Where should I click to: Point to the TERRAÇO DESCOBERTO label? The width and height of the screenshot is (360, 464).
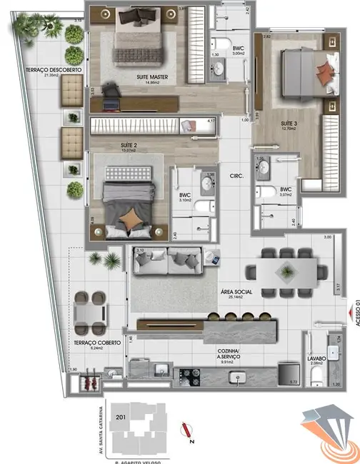tap(43, 70)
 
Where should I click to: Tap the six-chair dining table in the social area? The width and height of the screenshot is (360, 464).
tap(285, 271)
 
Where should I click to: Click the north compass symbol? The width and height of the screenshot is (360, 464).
tap(189, 430)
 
